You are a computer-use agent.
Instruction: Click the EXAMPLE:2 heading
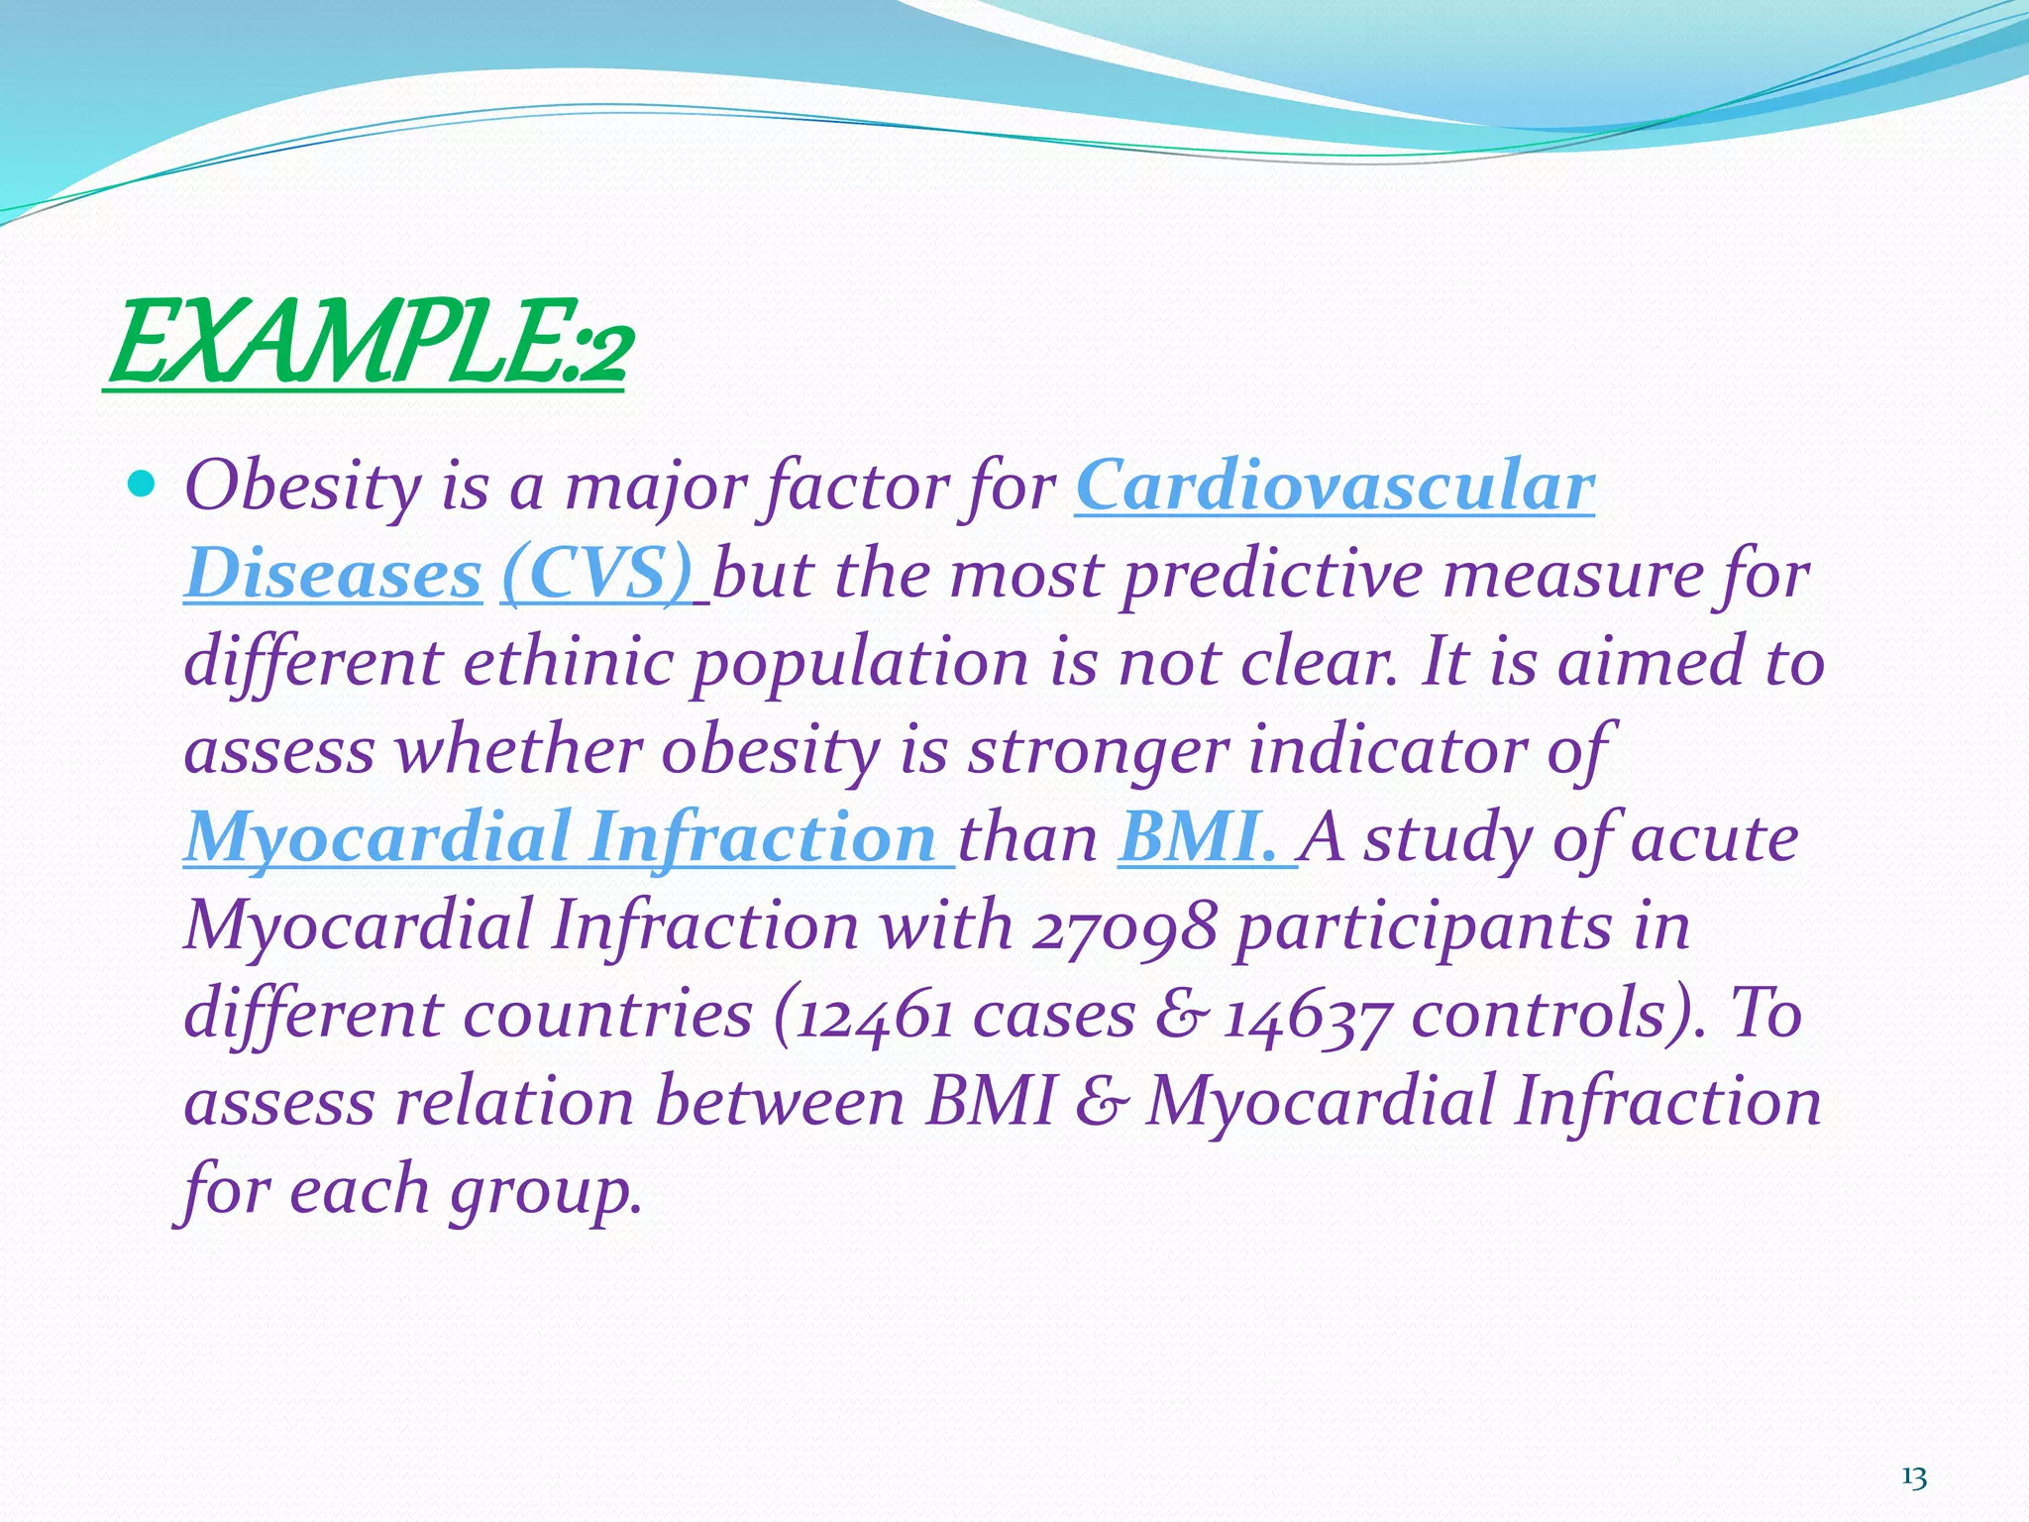(x=367, y=345)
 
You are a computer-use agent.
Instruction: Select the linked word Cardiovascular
(x=1335, y=487)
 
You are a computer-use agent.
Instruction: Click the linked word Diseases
(x=333, y=575)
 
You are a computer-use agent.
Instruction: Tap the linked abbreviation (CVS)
(x=596, y=575)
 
